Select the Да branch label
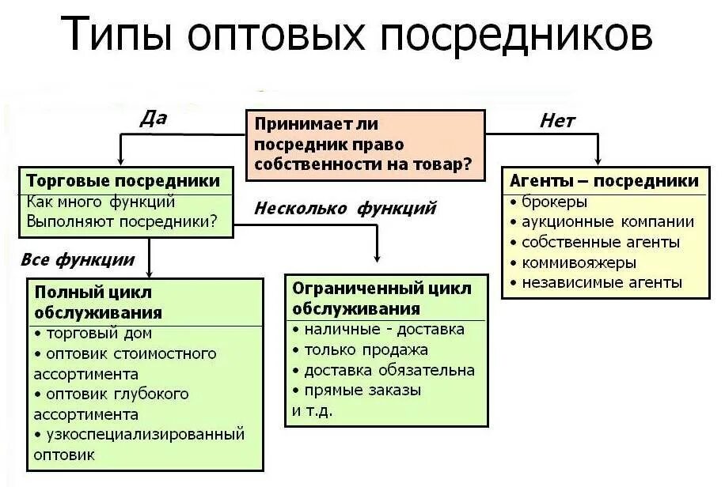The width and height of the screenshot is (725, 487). pos(153,119)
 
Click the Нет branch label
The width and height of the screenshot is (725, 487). pos(557,120)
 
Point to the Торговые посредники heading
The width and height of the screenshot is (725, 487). pos(123,181)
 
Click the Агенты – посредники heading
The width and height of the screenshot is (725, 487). pos(605,181)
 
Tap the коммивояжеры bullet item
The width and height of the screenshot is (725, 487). pos(579,262)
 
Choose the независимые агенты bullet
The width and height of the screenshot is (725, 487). pos(602,282)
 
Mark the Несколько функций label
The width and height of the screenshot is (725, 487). pos(346,209)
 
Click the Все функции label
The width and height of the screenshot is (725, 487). pos(78,259)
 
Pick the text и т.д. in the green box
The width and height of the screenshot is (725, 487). pos(313,410)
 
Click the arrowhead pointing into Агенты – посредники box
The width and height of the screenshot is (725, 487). pos(598,160)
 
